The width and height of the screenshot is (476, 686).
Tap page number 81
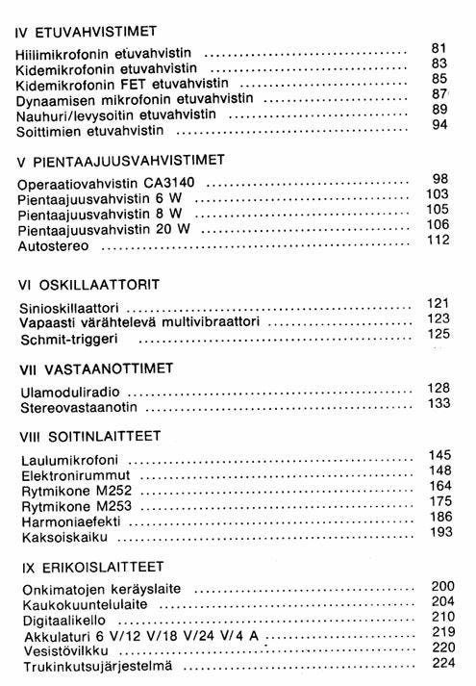click(x=439, y=48)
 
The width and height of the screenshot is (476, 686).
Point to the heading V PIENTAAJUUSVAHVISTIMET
click(x=121, y=158)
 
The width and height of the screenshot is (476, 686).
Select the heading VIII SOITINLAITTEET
click(x=91, y=434)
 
